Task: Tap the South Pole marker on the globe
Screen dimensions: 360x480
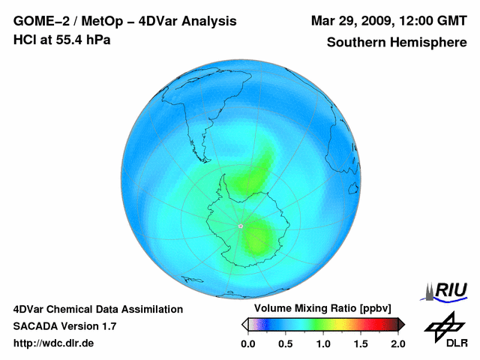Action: [x=240, y=226]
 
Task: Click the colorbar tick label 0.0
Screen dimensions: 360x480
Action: [x=247, y=343]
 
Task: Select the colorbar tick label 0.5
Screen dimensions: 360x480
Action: [x=285, y=343]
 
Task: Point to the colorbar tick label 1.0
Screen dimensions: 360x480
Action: [x=323, y=343]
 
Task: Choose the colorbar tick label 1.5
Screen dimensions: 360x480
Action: [x=361, y=343]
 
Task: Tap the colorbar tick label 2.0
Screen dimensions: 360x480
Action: [x=398, y=343]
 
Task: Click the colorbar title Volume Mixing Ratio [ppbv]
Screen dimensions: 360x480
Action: [x=319, y=309]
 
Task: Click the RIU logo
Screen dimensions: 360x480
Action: [x=448, y=290]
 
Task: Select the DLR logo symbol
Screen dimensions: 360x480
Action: [x=444, y=325]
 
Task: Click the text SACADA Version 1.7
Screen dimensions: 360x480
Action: [x=64, y=326]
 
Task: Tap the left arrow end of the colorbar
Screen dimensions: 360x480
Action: [x=244, y=324]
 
